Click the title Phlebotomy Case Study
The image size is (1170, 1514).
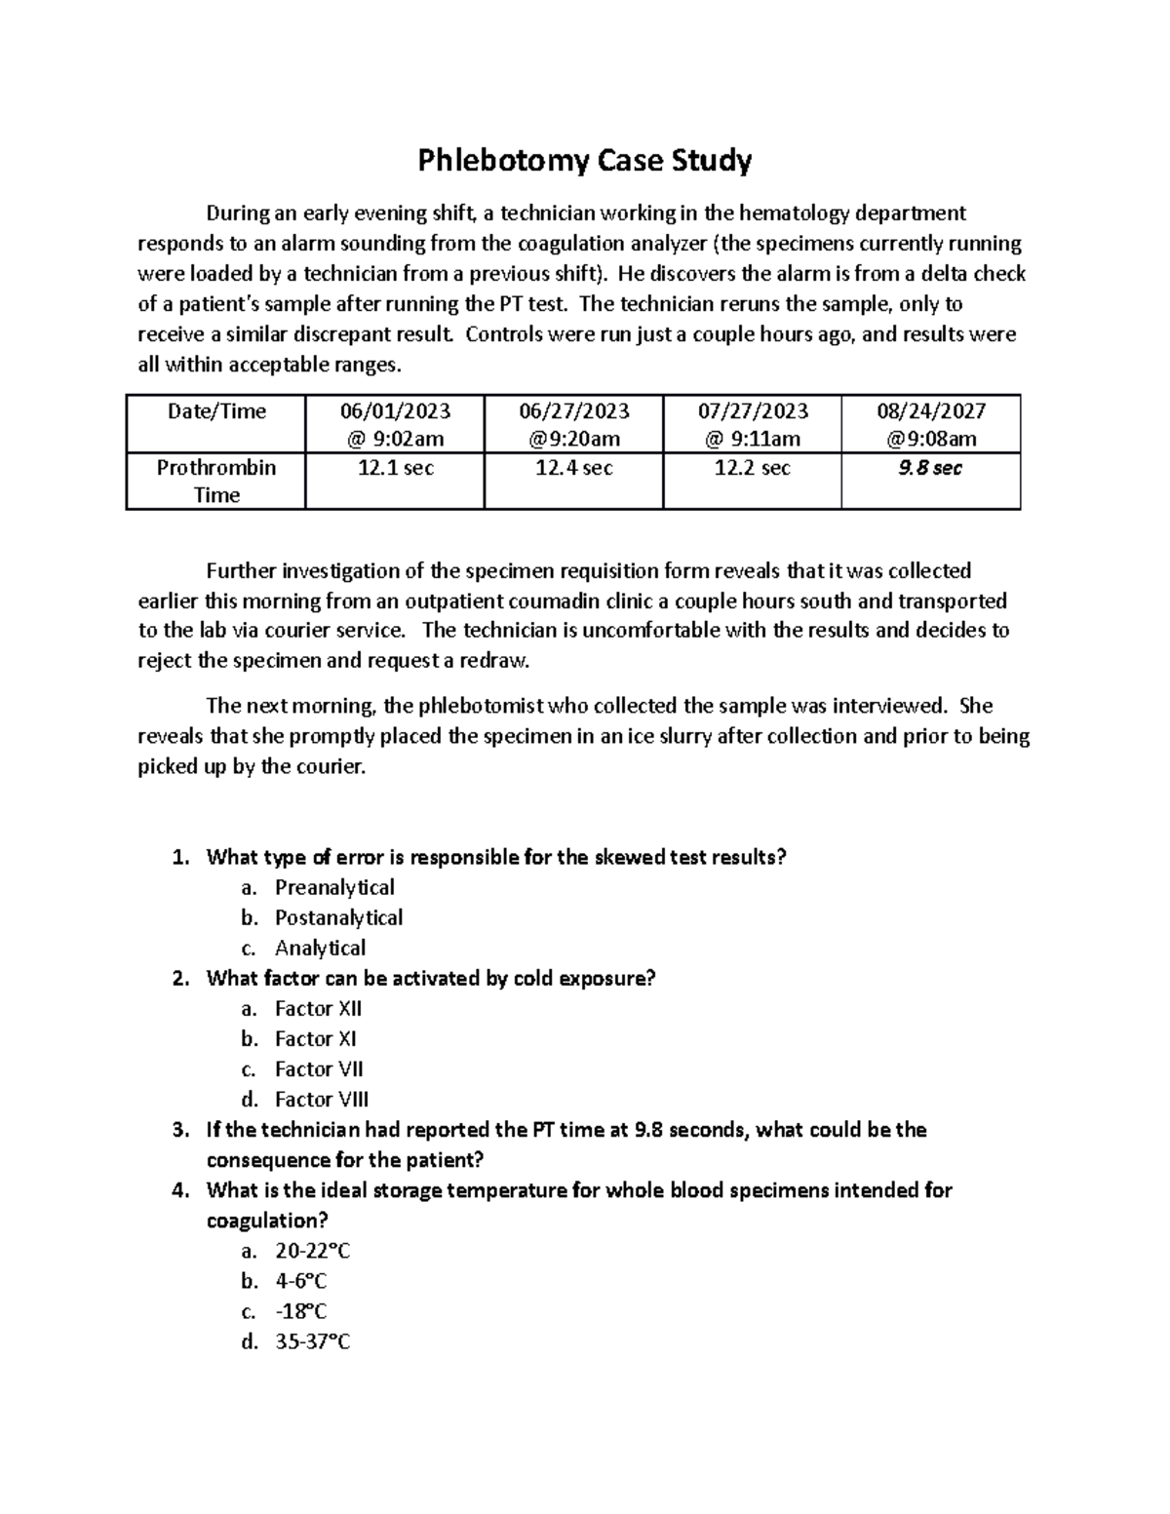[x=585, y=160]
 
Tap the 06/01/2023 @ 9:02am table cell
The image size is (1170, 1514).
[x=395, y=424]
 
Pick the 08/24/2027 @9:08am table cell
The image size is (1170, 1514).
[x=930, y=424]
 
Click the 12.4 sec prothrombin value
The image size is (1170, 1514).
[x=573, y=468]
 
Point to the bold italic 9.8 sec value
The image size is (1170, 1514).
[x=930, y=468]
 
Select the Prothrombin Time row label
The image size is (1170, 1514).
[x=215, y=481]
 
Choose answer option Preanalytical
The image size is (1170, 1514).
[x=334, y=887]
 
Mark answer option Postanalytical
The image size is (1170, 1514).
[x=338, y=917]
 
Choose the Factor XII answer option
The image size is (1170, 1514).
[x=318, y=1008]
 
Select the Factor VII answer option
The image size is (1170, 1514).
[x=319, y=1068]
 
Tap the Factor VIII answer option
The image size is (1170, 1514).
[x=322, y=1099]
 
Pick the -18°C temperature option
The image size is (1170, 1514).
[x=300, y=1311]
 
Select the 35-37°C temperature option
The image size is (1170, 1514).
[x=312, y=1341]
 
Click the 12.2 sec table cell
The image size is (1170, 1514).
[x=752, y=468]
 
